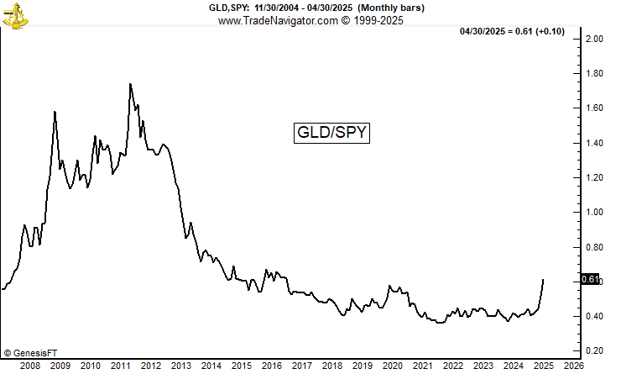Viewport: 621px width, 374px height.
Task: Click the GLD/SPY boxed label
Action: (x=331, y=132)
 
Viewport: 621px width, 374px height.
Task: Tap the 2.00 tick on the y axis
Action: (x=595, y=39)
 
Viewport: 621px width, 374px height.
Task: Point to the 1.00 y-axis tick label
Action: (x=595, y=212)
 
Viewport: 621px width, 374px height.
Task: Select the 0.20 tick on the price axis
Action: (x=595, y=350)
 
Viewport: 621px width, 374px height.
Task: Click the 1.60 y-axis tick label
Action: (x=595, y=108)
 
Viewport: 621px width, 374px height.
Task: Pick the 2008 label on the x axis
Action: (x=29, y=366)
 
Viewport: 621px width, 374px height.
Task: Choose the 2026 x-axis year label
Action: (x=573, y=366)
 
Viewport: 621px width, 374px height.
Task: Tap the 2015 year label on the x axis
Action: (x=241, y=366)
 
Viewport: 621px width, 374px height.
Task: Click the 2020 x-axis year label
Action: (x=392, y=366)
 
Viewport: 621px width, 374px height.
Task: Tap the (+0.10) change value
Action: (x=556, y=31)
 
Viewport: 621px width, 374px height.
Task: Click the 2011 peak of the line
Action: (x=131, y=84)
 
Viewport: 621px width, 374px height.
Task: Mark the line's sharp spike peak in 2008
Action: (x=55, y=112)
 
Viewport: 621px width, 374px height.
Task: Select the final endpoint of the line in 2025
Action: (x=544, y=279)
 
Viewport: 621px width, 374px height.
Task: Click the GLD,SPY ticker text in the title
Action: (x=228, y=8)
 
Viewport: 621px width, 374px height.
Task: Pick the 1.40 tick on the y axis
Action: (x=595, y=143)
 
